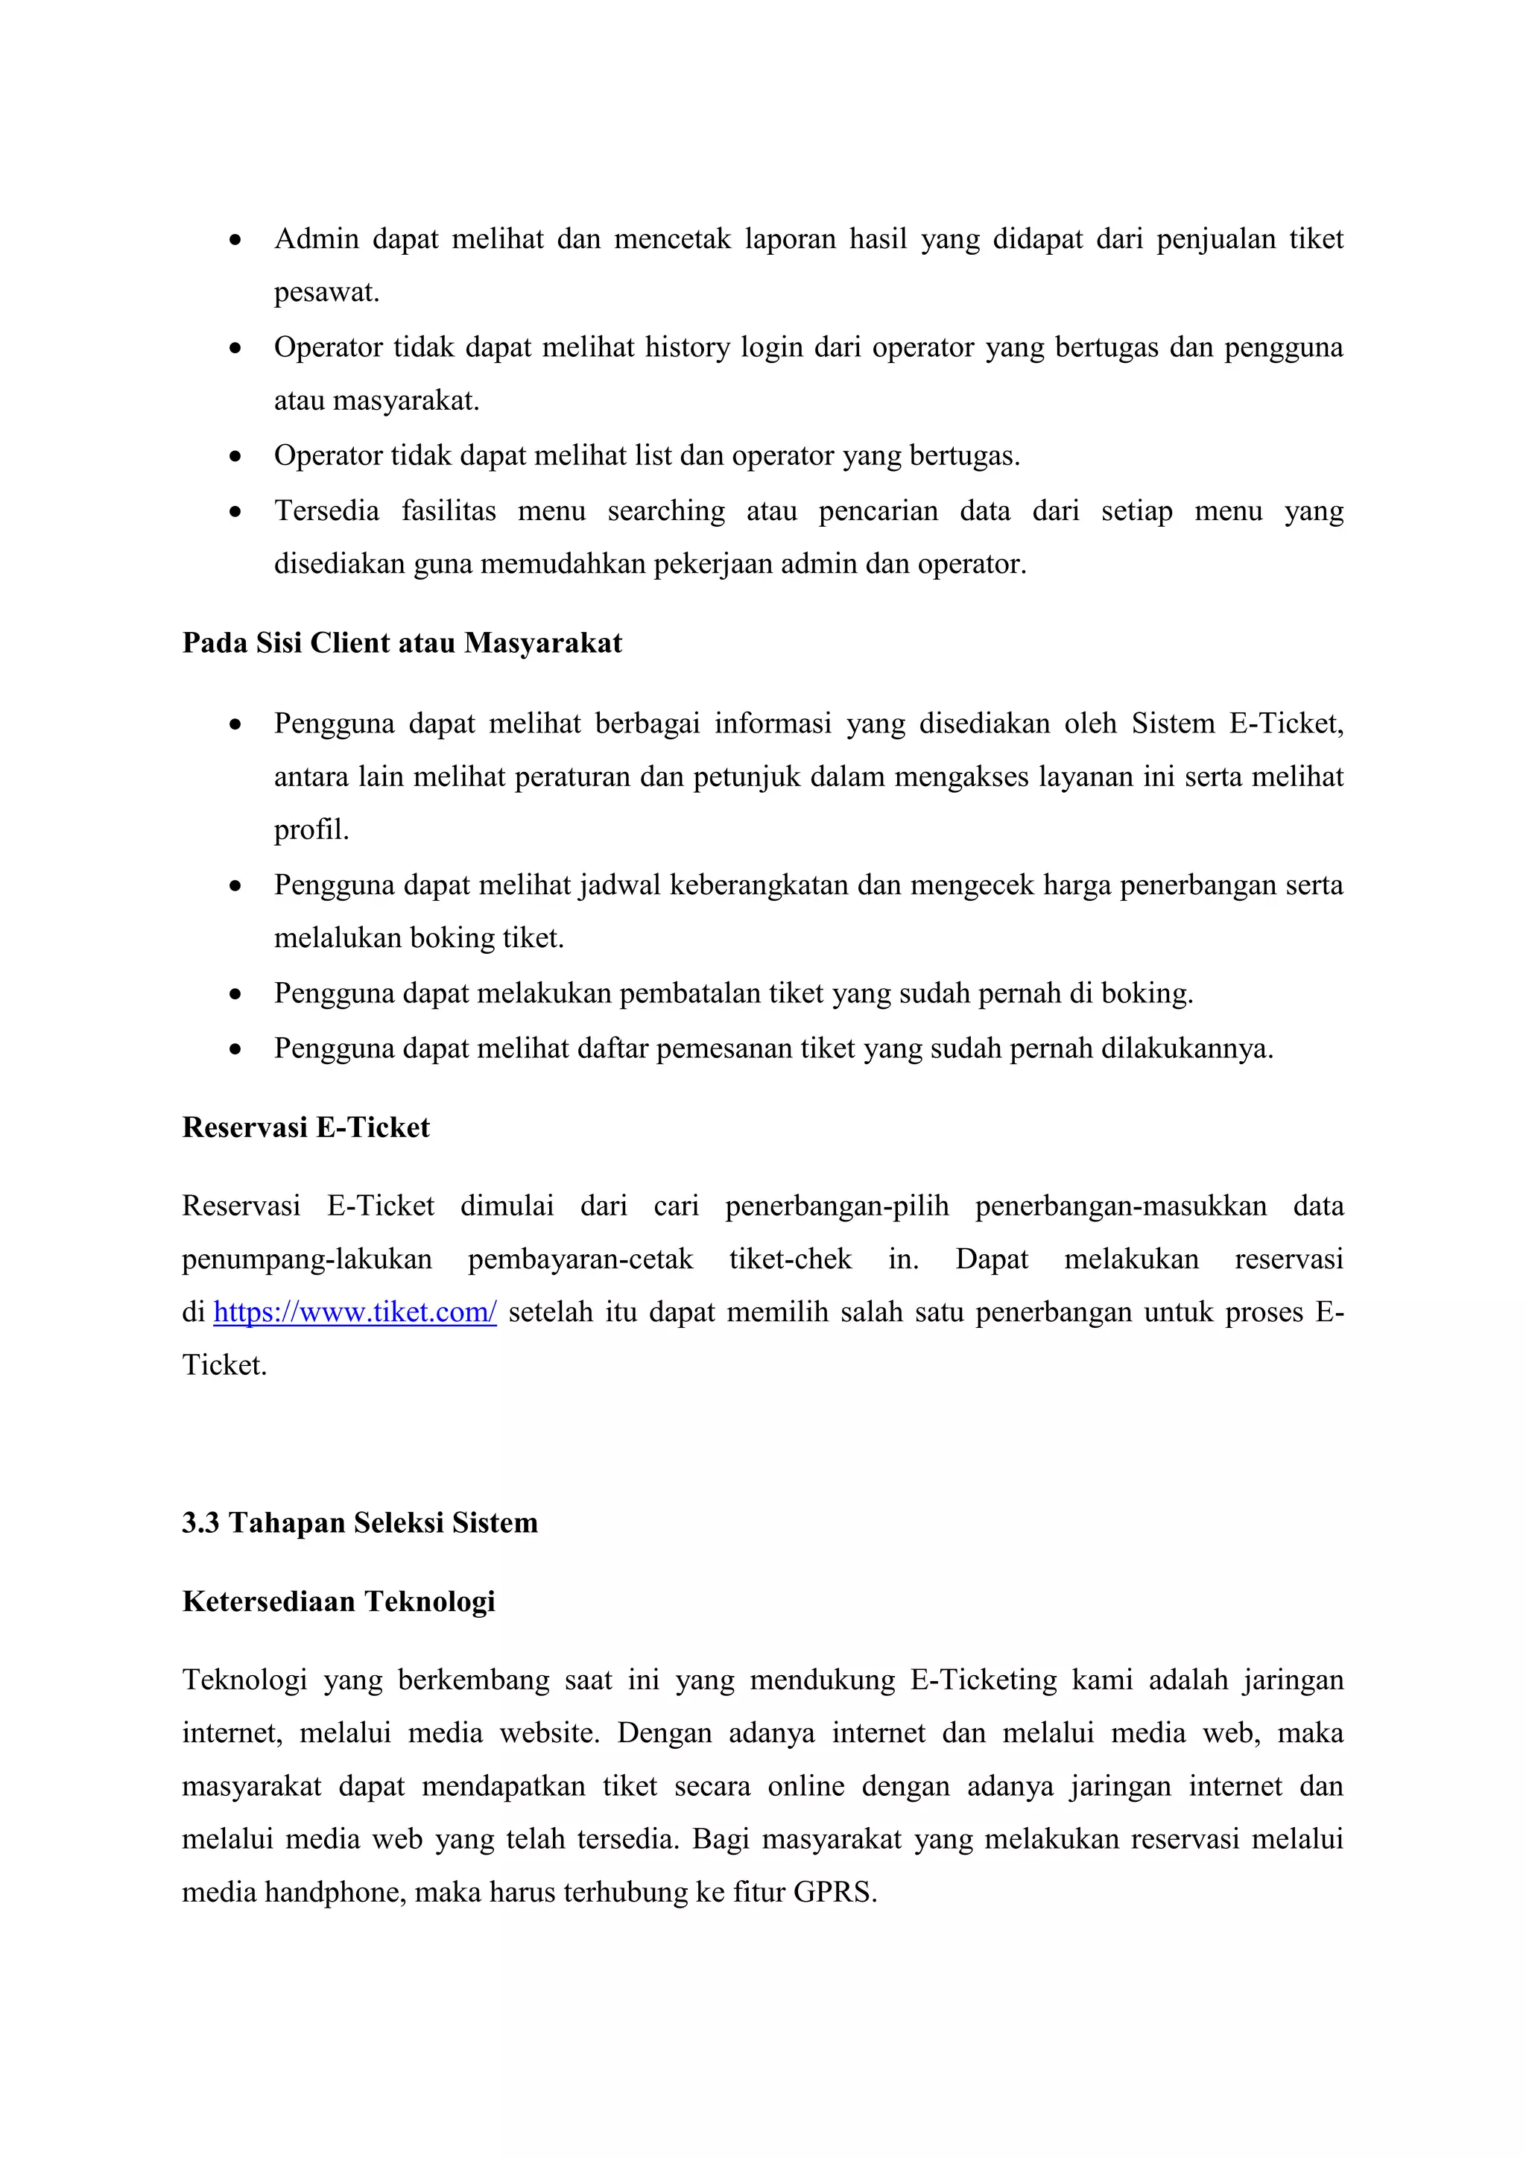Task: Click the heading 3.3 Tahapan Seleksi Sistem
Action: click(360, 1522)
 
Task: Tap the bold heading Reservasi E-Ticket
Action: click(305, 1127)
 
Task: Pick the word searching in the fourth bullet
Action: click(666, 510)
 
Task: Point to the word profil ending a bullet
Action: click(310, 830)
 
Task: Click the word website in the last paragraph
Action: click(548, 1733)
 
